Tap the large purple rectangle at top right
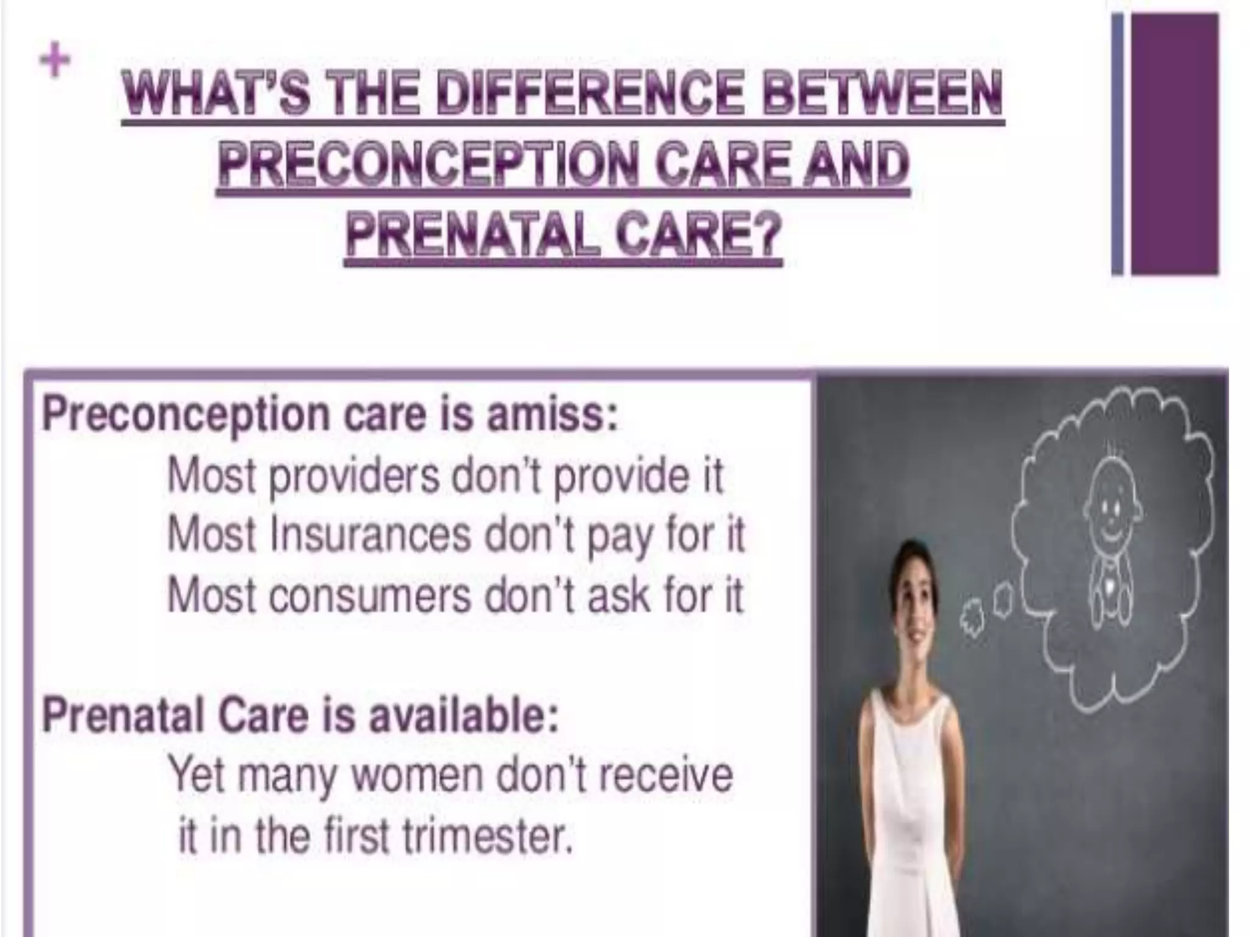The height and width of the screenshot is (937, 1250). click(1174, 144)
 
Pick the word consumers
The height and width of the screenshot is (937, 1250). click(370, 595)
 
